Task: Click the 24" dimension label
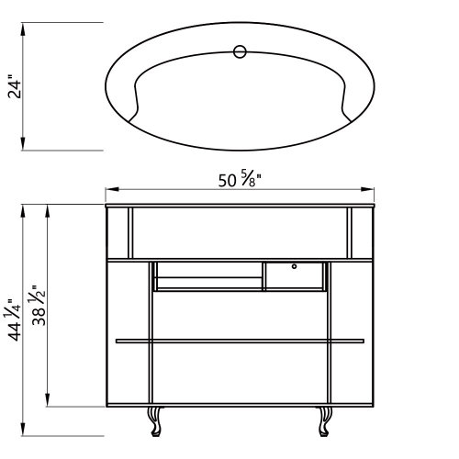coord(15,86)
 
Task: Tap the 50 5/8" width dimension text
coord(240,179)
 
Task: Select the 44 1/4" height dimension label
coord(15,319)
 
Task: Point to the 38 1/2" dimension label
coord(39,305)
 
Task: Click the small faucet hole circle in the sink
coord(240,51)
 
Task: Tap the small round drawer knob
coord(294,266)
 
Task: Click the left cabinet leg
coord(155,421)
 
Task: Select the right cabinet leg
coord(325,421)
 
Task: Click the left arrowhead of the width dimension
coord(112,189)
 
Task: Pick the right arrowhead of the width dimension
coord(367,189)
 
